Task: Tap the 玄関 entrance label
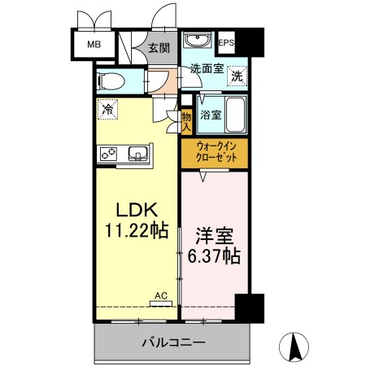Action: (159, 48)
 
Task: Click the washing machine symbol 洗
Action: (236, 76)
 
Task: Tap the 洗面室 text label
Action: (206, 70)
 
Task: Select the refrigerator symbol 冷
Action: (107, 107)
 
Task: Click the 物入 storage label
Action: (185, 121)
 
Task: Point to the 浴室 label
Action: (210, 115)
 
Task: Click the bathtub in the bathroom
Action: (235, 114)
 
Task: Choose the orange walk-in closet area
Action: (215, 152)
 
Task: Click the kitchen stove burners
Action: (110, 152)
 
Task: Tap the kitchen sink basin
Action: (136, 152)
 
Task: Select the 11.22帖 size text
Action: (135, 231)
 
